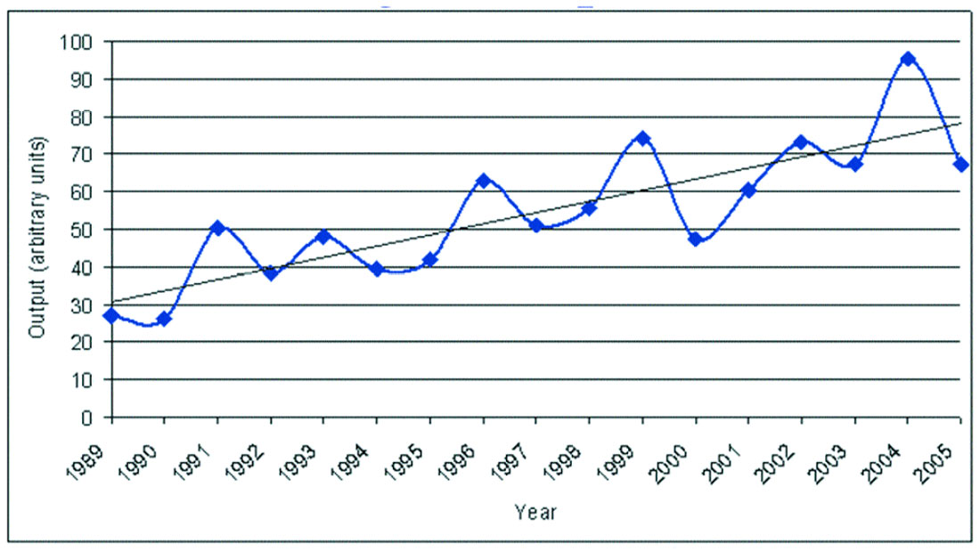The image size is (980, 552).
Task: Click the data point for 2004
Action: [x=908, y=59]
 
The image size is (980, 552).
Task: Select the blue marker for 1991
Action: [x=217, y=228]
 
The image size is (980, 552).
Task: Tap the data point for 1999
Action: [x=642, y=139]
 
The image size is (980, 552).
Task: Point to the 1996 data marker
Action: [x=484, y=181]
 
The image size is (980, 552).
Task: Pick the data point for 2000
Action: [x=695, y=239]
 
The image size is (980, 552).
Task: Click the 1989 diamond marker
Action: [x=111, y=315]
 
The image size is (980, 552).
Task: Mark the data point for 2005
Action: [x=960, y=165]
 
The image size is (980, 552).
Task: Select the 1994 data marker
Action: [x=377, y=269]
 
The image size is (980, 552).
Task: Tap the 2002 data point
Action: [x=801, y=142]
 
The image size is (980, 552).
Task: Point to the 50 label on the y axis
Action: [x=87, y=230]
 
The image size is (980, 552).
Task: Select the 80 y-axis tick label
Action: [x=87, y=117]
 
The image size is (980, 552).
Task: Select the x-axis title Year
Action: [x=535, y=512]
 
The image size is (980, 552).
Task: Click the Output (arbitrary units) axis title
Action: [x=37, y=237]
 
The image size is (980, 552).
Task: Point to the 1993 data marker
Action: [x=323, y=237]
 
